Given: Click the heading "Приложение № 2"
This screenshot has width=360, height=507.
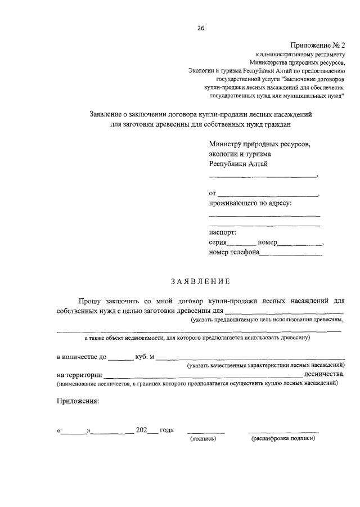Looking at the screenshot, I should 318,45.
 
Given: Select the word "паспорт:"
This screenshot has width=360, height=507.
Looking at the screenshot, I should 223,232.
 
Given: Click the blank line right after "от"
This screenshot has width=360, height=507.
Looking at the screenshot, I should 268,194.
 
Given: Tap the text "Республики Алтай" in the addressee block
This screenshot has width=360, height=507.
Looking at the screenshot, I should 238,164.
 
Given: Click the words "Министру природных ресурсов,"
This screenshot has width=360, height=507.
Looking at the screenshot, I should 259,144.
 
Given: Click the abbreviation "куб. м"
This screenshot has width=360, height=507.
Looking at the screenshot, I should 145,357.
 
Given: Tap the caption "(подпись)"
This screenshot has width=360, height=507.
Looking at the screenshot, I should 204,438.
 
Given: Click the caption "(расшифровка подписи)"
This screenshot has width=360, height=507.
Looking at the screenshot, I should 283,438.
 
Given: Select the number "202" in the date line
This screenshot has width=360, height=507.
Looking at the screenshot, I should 141,430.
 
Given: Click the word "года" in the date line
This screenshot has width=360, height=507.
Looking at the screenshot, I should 166,430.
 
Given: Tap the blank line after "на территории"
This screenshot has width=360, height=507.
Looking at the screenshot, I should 202,375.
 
